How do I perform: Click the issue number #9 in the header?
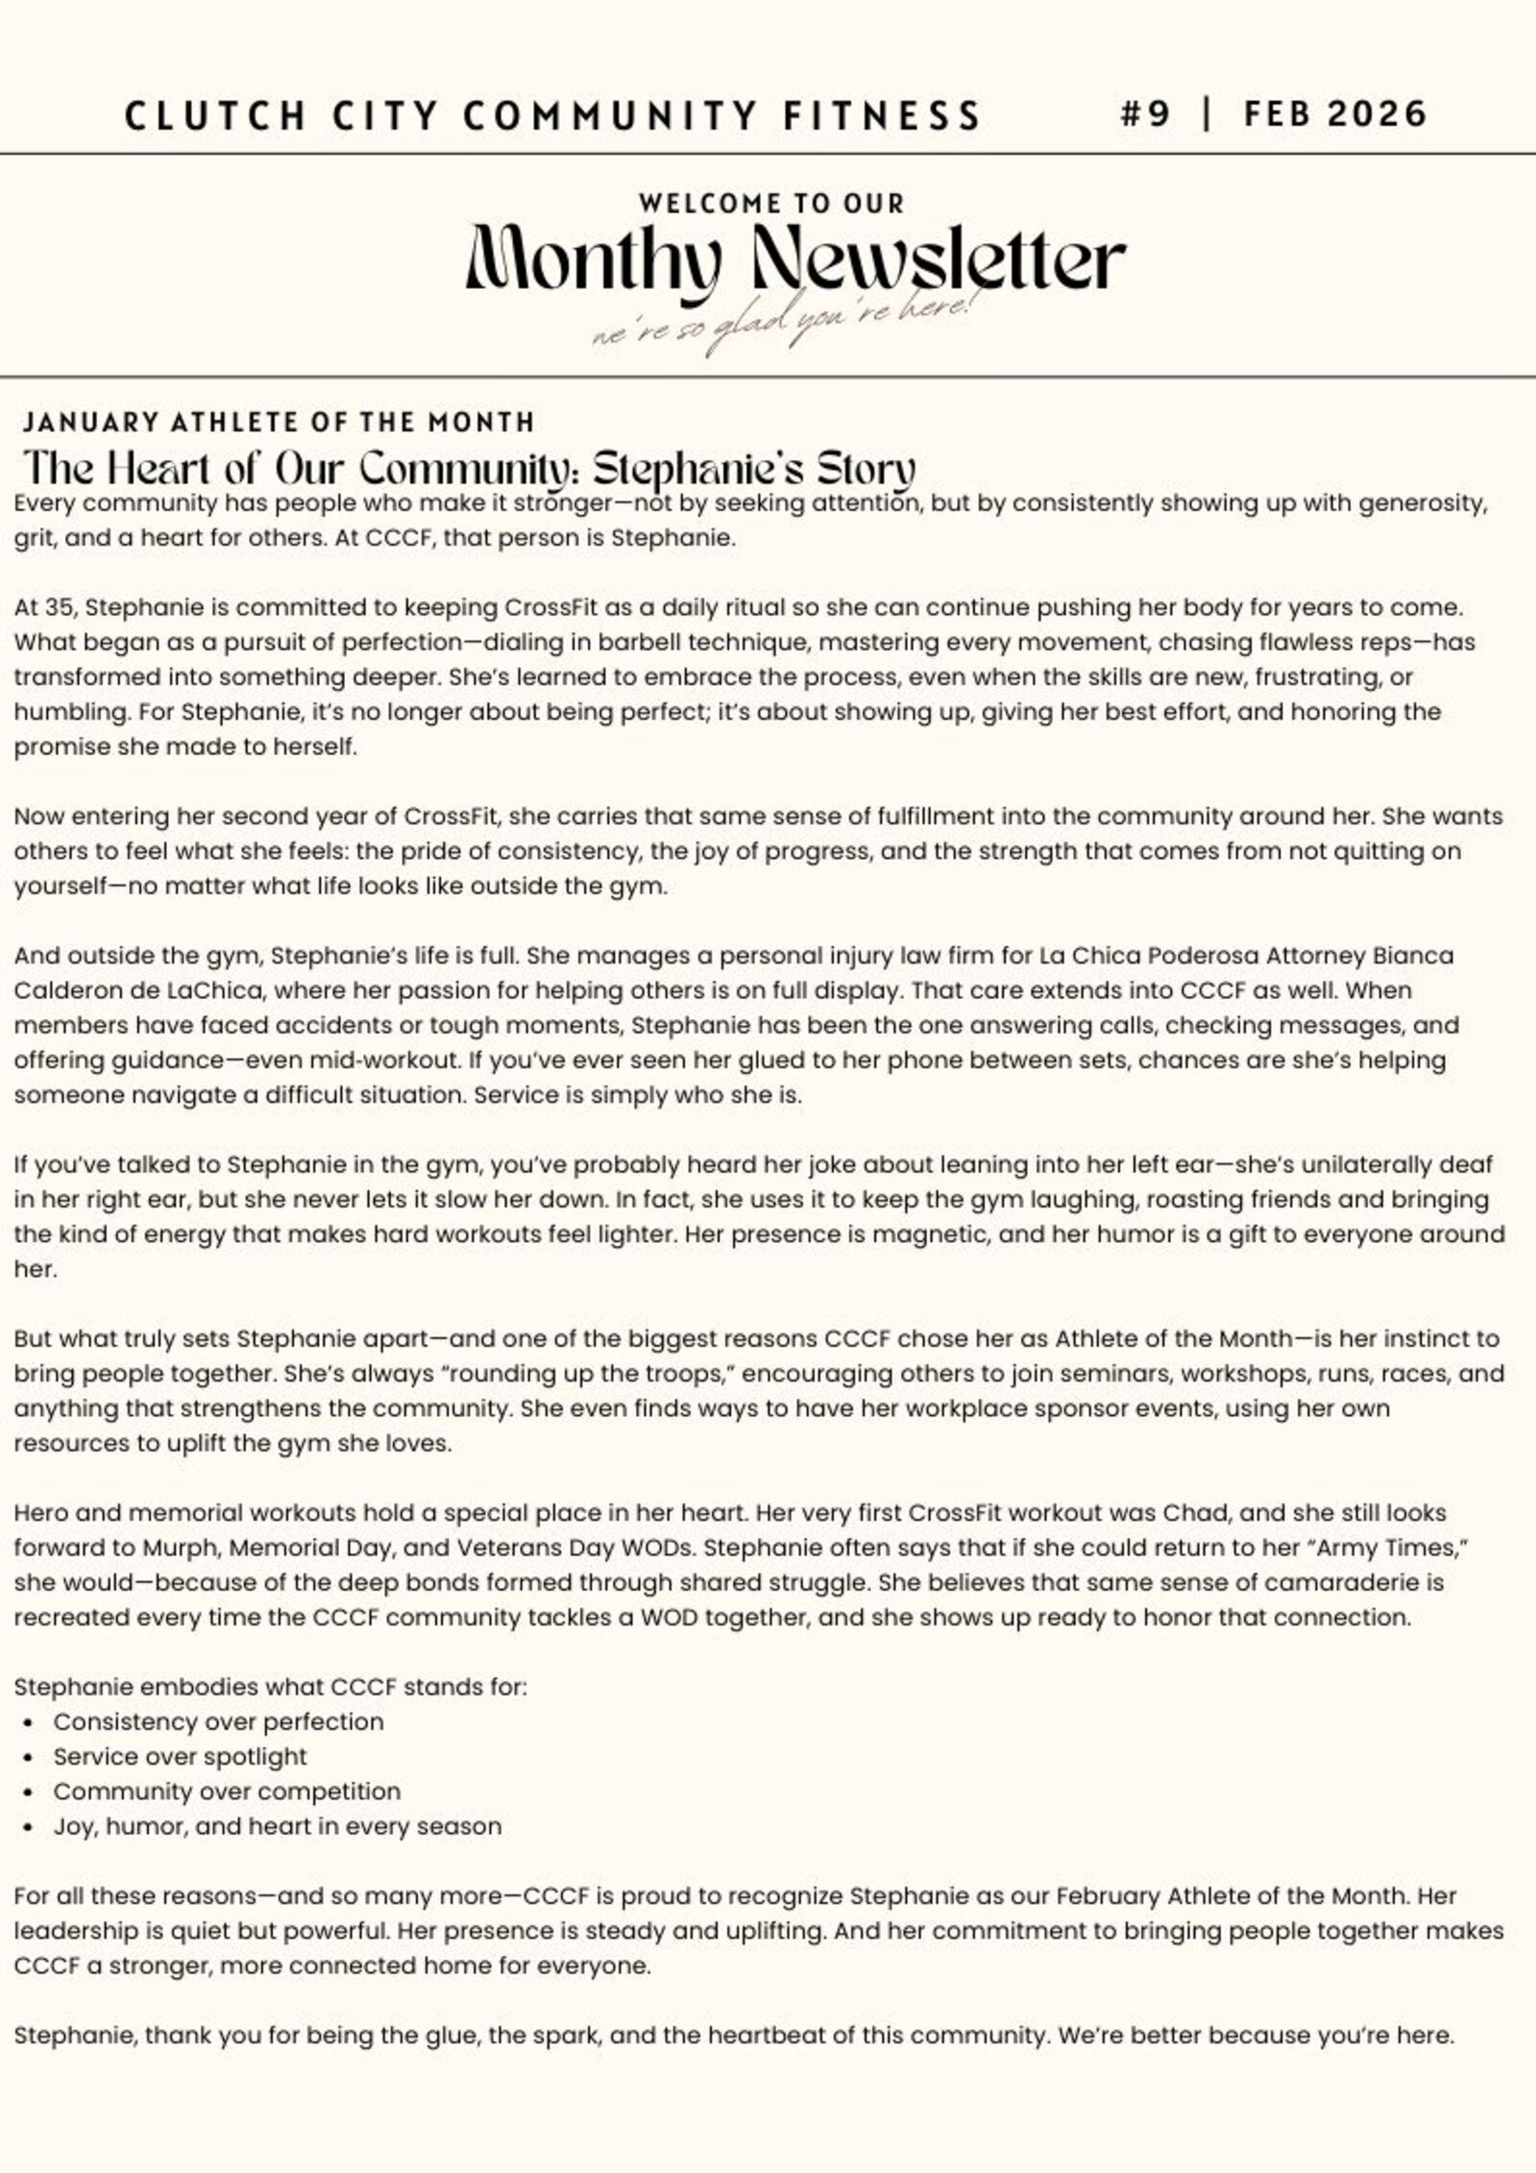1145,114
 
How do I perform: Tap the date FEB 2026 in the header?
1335,114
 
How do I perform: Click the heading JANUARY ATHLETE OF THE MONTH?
279,422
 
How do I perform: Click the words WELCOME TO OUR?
771,204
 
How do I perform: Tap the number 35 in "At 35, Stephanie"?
60,607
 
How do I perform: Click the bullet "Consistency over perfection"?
218,1721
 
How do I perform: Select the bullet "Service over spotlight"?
180,1756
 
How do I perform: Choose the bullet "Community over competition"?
227,1792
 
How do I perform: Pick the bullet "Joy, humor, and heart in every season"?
277,1826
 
